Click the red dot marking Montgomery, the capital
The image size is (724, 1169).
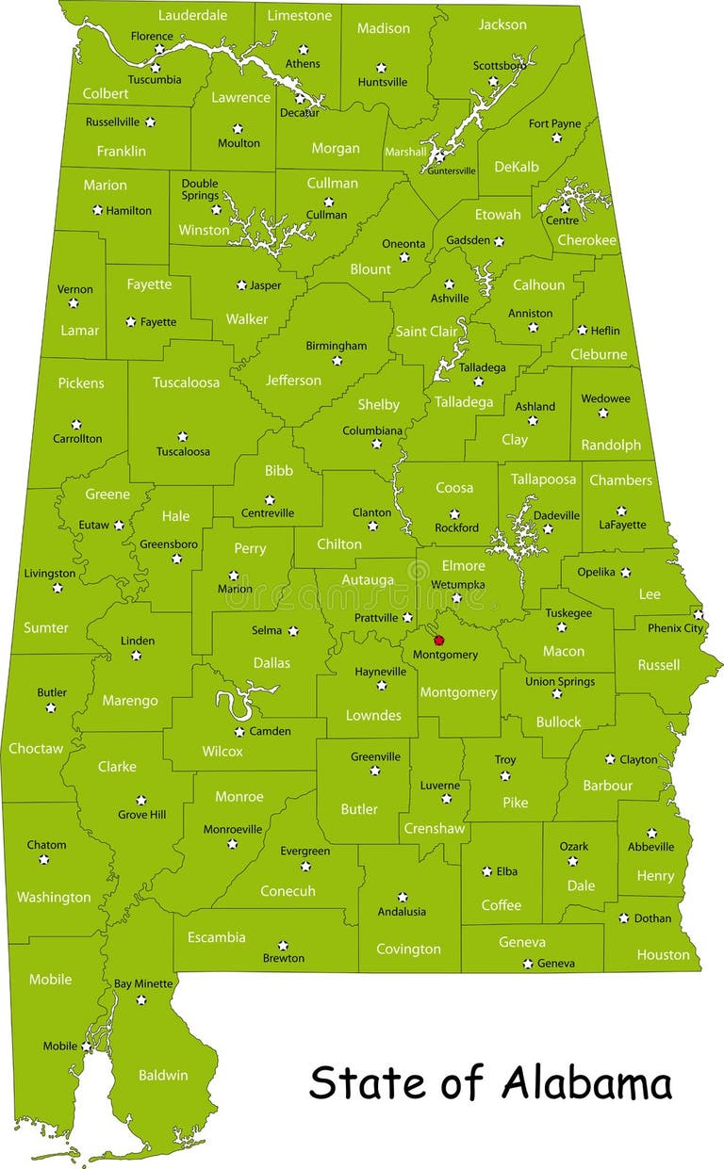pos(438,640)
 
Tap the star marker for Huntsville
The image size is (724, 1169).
pos(381,67)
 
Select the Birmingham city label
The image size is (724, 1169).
pos(336,346)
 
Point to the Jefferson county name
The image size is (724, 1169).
pos(293,381)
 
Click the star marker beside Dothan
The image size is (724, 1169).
pos(623,917)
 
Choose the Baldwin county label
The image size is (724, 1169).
pos(163,1075)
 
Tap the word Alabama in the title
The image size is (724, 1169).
pos(586,1083)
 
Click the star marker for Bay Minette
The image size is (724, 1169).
pos(141,999)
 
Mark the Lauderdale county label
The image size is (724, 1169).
pos(192,15)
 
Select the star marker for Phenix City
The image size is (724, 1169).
pos(698,614)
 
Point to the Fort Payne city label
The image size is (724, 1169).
pos(554,123)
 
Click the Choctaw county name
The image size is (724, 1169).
pos(36,749)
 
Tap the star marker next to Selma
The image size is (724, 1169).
pos(292,631)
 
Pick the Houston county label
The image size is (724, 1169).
pos(663,954)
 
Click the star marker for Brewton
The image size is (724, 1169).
pos(283,945)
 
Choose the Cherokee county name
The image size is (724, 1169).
pos(586,240)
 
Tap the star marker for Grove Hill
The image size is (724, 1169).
pos(141,800)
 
